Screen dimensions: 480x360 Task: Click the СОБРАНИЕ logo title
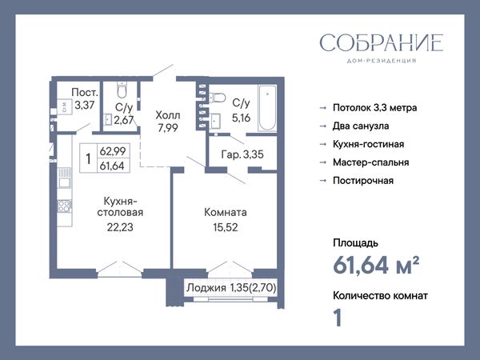(x=382, y=42)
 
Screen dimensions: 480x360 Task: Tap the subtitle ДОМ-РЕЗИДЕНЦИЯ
(x=382, y=61)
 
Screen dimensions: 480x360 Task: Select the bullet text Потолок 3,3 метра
(x=374, y=108)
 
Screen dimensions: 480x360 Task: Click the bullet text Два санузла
(x=361, y=126)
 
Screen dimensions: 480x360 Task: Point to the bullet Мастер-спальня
(x=370, y=162)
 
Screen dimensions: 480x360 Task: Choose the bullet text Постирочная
(x=362, y=181)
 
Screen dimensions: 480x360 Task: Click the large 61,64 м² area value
(x=376, y=265)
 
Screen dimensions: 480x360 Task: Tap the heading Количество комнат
(x=380, y=296)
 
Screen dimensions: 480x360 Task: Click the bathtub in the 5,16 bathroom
(x=267, y=108)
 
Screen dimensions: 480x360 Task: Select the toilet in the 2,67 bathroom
(x=122, y=89)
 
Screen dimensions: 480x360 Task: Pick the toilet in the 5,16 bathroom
(x=217, y=98)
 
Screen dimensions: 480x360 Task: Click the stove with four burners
(x=65, y=206)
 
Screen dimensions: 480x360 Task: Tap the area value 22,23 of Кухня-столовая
(x=120, y=227)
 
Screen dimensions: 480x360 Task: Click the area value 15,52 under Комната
(x=226, y=227)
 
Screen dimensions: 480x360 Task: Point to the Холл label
(x=168, y=115)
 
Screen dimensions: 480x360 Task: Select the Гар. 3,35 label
(x=242, y=154)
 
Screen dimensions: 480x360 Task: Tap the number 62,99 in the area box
(x=112, y=151)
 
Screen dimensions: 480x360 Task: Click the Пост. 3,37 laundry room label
(x=85, y=98)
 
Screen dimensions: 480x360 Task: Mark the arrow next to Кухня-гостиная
(x=323, y=144)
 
